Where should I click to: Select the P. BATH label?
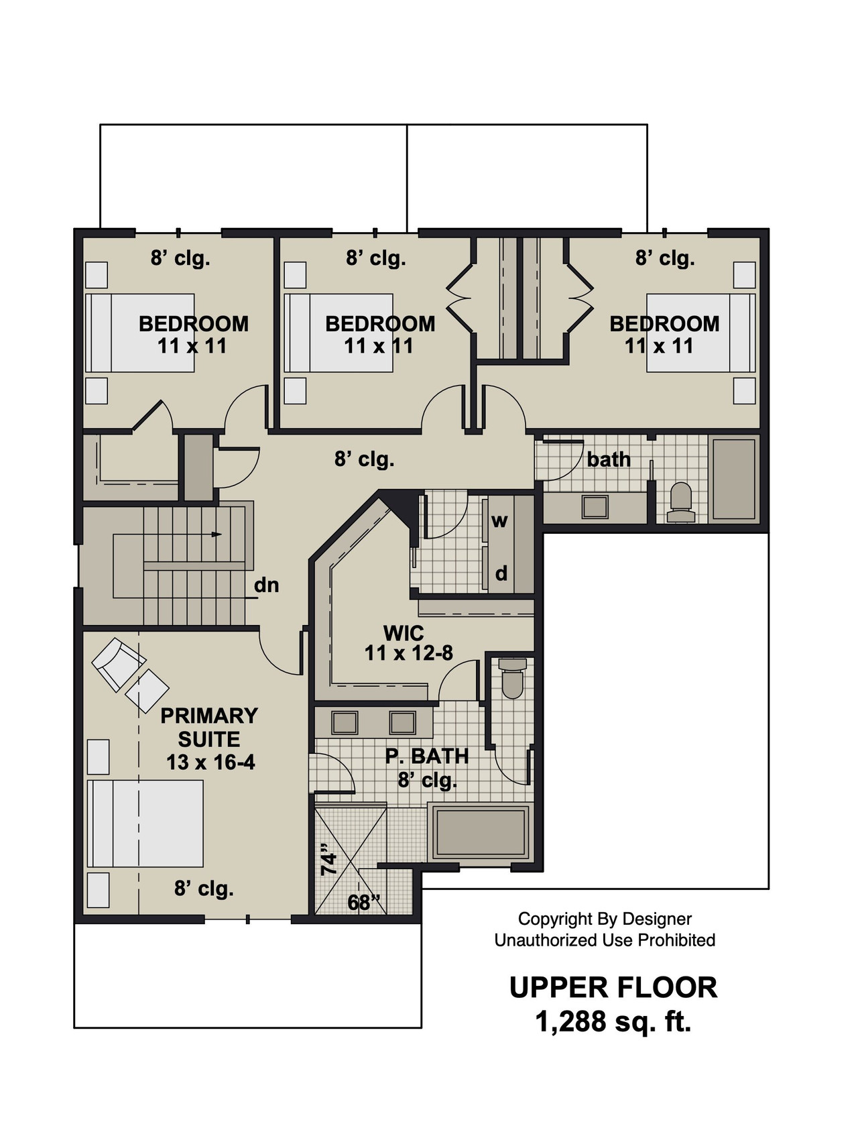(x=426, y=756)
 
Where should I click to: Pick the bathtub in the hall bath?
(x=733, y=478)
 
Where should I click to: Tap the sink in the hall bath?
(x=595, y=506)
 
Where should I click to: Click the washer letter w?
(x=499, y=520)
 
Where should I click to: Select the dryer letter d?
(x=501, y=573)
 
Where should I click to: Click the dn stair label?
(x=266, y=585)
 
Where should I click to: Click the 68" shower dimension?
(x=364, y=903)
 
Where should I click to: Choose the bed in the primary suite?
(x=145, y=823)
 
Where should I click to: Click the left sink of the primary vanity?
(x=345, y=722)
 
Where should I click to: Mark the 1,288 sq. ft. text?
(x=613, y=1022)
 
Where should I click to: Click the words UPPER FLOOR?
(x=613, y=987)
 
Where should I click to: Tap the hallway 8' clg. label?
(x=364, y=459)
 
